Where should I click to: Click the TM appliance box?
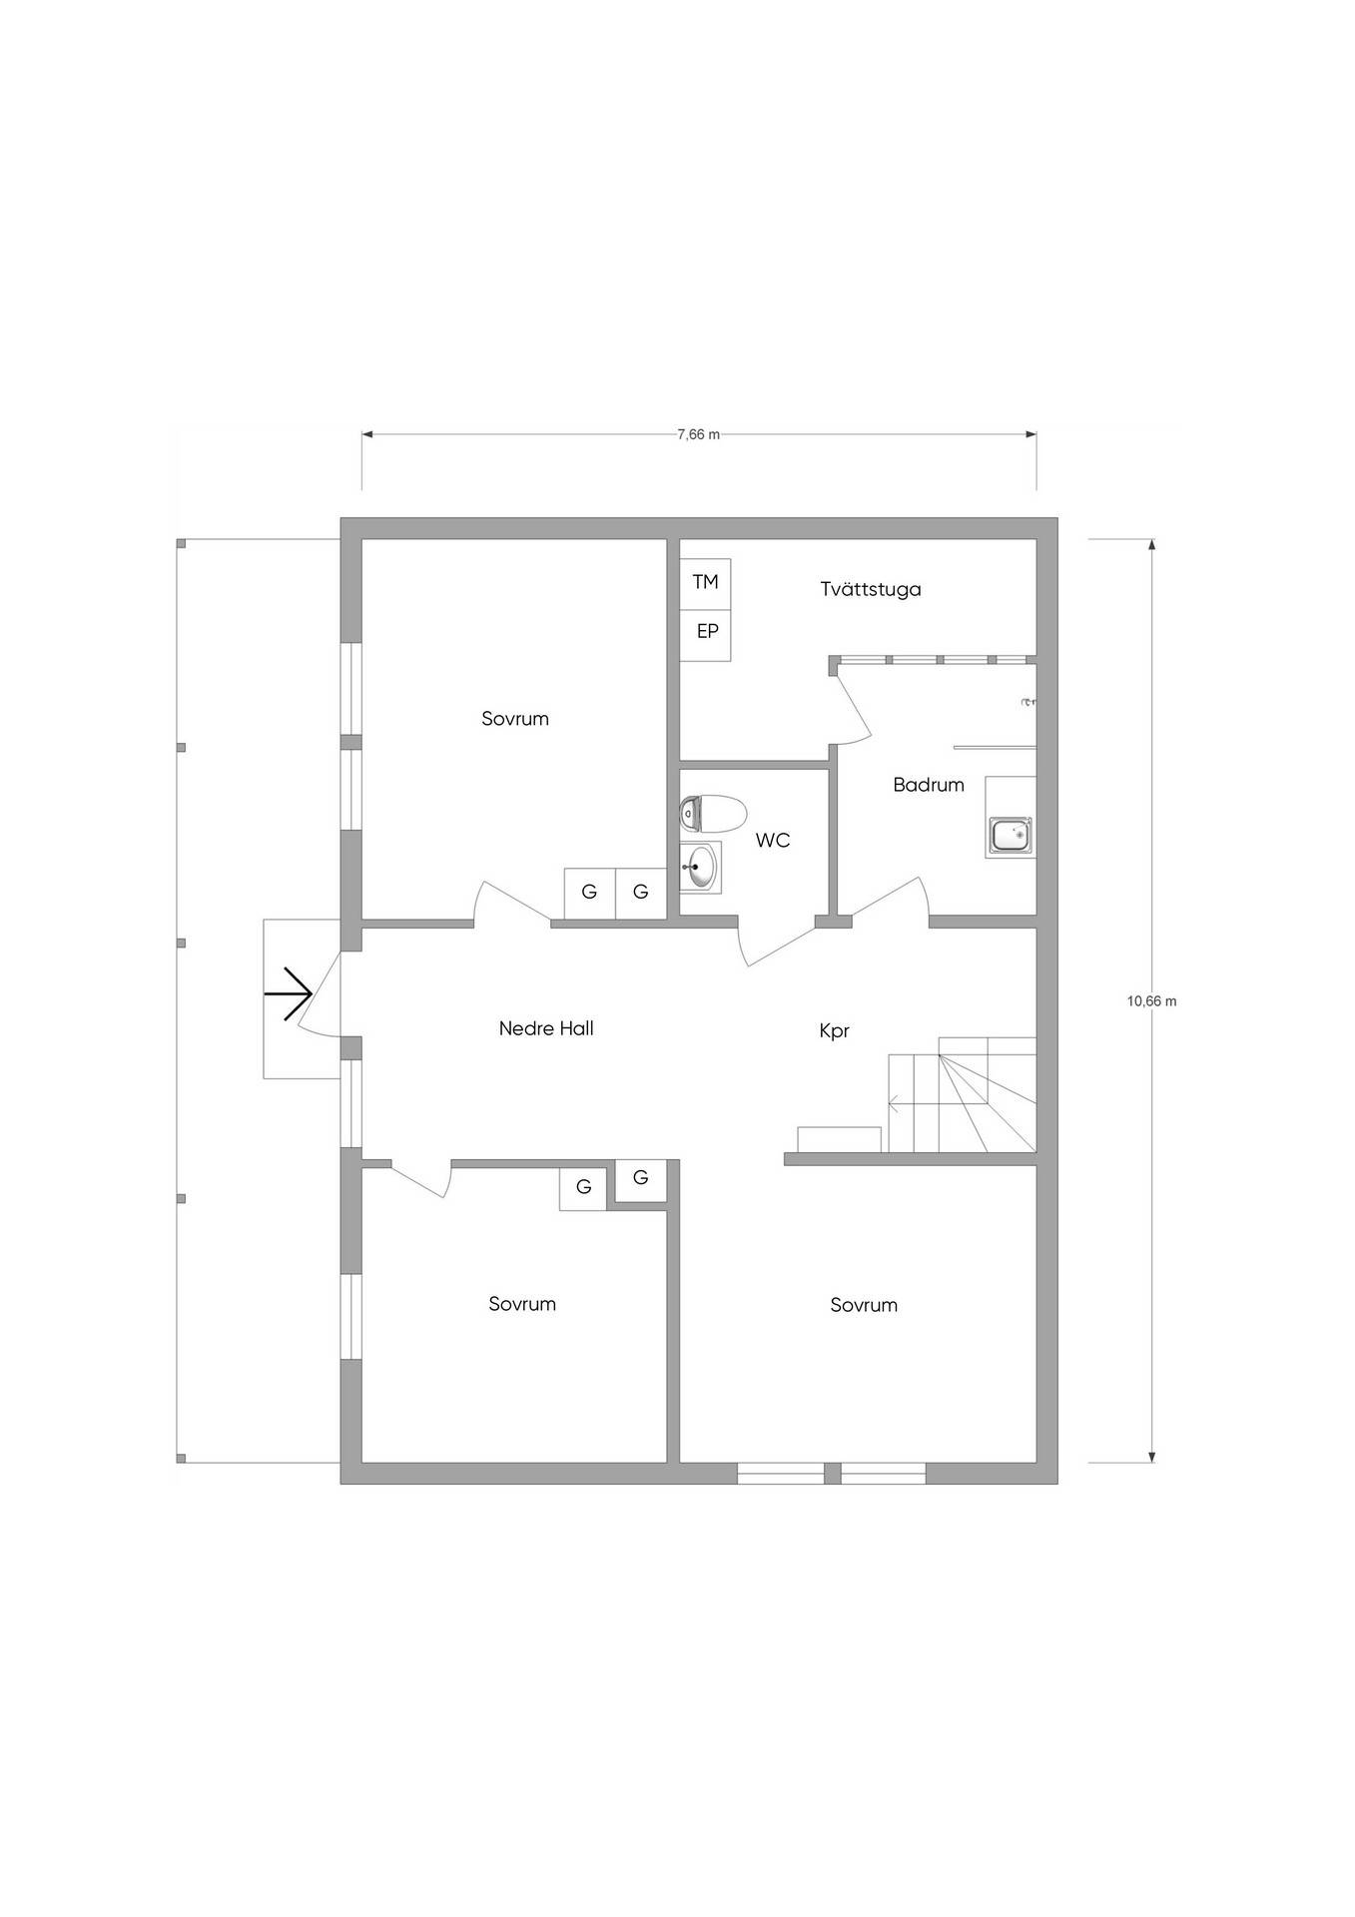pyautogui.click(x=705, y=582)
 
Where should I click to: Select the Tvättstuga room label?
pyautogui.click(x=871, y=589)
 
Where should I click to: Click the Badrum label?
pyautogui.click(x=929, y=785)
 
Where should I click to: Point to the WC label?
pyautogui.click(x=773, y=841)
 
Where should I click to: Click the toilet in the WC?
pyautogui.click(x=713, y=814)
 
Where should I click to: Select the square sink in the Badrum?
pyautogui.click(x=1011, y=835)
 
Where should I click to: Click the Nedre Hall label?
pyautogui.click(x=546, y=1028)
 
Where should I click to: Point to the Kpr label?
pyautogui.click(x=834, y=1031)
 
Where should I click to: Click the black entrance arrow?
pyautogui.click(x=289, y=994)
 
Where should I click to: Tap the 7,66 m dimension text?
pyautogui.click(x=698, y=434)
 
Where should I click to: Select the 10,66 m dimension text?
pyautogui.click(x=1151, y=1001)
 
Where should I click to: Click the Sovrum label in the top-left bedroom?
pyautogui.click(x=515, y=719)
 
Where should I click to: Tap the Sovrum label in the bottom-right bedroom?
pyautogui.click(x=864, y=1305)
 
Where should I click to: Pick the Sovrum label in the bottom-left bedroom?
pyautogui.click(x=522, y=1304)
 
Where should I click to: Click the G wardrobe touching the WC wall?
pyautogui.click(x=641, y=893)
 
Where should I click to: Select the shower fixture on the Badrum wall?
pyautogui.click(x=1028, y=703)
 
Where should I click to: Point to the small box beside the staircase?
pyautogui.click(x=840, y=1139)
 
